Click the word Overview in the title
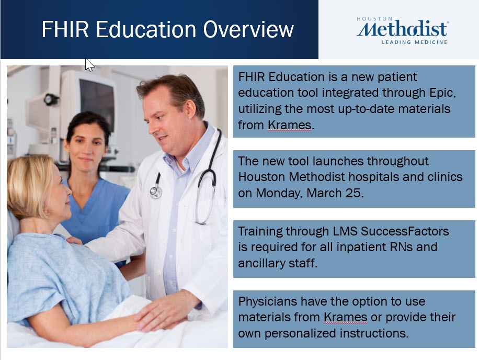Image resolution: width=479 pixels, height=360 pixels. (248, 29)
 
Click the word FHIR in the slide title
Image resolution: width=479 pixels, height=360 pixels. (65, 29)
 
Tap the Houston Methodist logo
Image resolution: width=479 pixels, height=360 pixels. (402, 30)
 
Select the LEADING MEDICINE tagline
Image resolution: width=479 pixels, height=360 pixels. (415, 42)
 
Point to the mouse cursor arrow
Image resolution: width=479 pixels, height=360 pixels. (89, 64)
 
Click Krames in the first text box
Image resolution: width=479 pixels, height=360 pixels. (290, 125)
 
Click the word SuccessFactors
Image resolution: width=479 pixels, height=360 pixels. (405, 231)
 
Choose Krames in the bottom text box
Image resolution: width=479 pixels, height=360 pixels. (346, 317)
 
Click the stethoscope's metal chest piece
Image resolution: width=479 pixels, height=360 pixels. (156, 192)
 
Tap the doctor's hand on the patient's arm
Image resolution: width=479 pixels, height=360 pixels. (165, 310)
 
